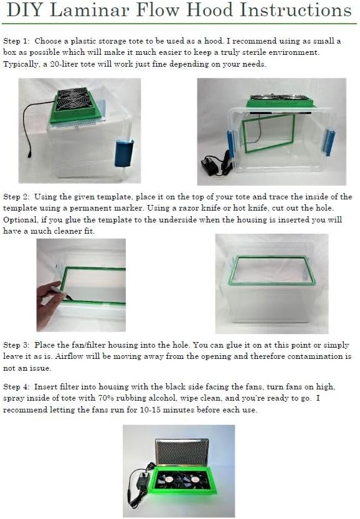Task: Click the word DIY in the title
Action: (25, 11)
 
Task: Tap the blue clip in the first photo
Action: (123, 153)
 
